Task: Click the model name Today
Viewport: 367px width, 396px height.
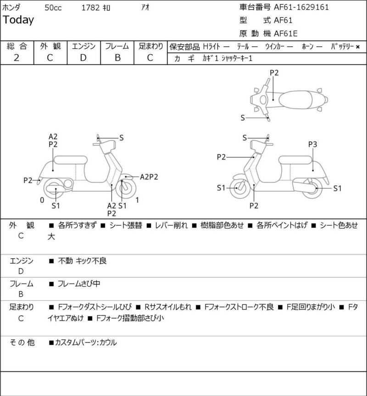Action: click(18, 20)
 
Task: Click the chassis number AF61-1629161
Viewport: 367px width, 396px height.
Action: click(301, 7)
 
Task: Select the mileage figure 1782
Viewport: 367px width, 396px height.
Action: click(90, 8)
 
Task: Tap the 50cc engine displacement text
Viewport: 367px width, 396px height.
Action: click(53, 8)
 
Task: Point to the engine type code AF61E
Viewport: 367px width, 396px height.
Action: click(285, 33)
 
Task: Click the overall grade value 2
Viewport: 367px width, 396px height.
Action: click(17, 58)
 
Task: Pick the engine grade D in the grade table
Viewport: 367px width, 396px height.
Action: click(83, 58)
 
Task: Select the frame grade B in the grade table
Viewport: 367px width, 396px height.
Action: click(117, 58)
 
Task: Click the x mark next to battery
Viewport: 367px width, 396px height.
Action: click(358, 47)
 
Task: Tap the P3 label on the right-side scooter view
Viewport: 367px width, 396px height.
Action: click(312, 145)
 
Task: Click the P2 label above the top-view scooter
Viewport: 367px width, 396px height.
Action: click(274, 73)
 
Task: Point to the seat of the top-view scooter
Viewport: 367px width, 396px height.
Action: click(295, 100)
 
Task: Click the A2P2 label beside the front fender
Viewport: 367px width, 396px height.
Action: click(149, 177)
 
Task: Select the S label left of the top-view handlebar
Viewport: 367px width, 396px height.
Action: click(243, 118)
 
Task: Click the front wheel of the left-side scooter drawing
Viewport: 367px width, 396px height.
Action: click(126, 189)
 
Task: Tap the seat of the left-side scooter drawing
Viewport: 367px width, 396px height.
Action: click(71, 160)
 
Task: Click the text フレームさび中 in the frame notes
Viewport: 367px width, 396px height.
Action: click(79, 284)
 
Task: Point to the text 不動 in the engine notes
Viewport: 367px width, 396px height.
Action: click(65, 260)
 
